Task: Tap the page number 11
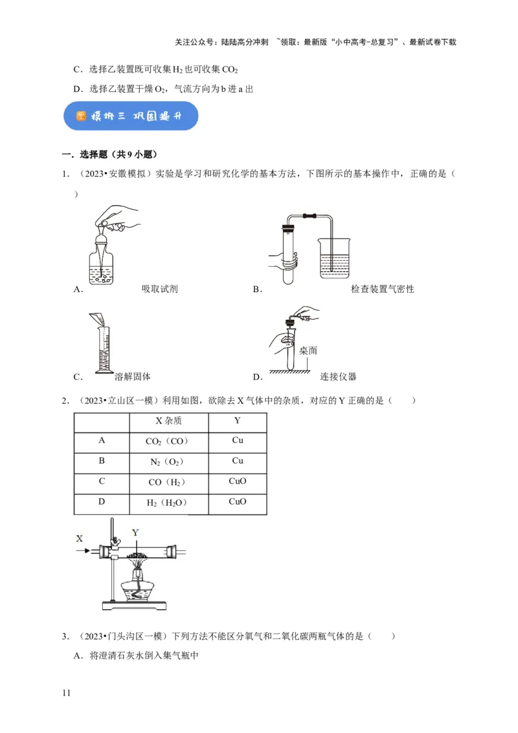(x=65, y=693)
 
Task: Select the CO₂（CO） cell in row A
(x=168, y=442)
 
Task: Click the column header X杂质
(x=168, y=421)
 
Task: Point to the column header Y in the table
(x=237, y=421)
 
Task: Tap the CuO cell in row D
(x=237, y=502)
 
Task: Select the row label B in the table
(x=102, y=461)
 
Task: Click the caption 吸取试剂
(x=159, y=289)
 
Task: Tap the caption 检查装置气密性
(x=382, y=289)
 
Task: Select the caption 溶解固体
(x=132, y=376)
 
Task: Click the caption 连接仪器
(x=338, y=376)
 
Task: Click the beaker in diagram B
(x=335, y=258)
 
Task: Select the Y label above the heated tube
(x=135, y=533)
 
